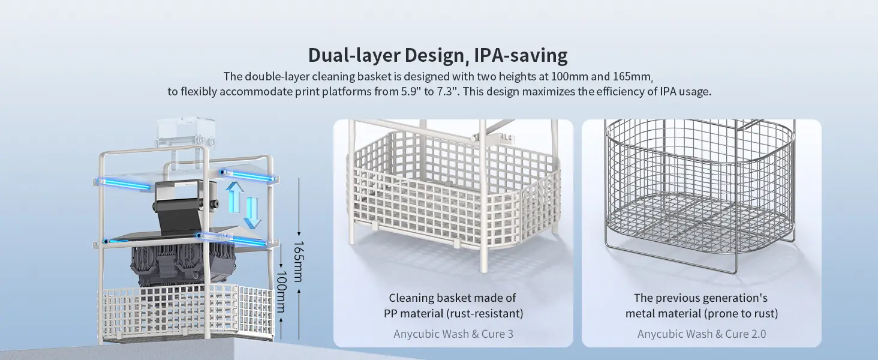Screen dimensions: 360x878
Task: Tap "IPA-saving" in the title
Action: pos(521,55)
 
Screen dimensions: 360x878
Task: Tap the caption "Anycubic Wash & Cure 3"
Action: pos(453,334)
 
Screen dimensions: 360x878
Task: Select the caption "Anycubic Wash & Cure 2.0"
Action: pos(702,334)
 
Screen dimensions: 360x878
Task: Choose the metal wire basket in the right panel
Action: pos(699,192)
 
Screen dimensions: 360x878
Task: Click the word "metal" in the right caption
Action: pos(642,313)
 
